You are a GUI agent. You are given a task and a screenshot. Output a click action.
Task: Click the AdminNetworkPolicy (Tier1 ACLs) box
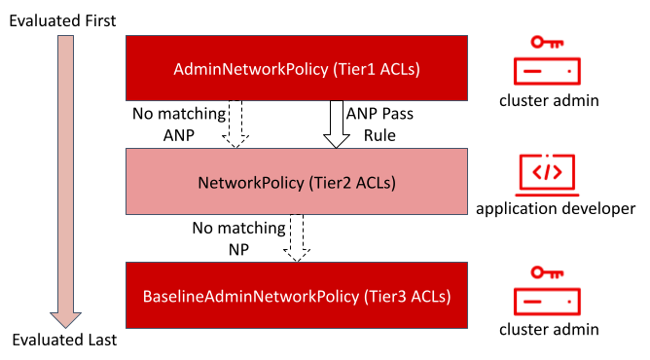[x=297, y=68]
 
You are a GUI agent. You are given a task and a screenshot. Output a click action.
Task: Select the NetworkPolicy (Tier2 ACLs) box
[x=297, y=181]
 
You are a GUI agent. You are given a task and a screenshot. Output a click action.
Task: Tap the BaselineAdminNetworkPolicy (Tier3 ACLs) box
[x=297, y=296]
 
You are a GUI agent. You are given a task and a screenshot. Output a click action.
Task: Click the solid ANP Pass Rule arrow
[x=337, y=124]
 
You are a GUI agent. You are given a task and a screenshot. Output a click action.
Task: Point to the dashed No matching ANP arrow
[x=235, y=124]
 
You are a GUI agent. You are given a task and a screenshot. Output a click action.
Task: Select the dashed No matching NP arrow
[x=297, y=237]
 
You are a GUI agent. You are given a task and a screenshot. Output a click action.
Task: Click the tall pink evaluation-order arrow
[x=65, y=181]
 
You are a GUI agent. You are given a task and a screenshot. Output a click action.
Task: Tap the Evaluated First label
[x=62, y=20]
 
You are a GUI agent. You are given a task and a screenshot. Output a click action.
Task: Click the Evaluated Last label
[x=64, y=340]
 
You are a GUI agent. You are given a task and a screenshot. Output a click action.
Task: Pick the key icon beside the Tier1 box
[x=547, y=42]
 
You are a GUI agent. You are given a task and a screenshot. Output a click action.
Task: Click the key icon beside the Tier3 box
[x=547, y=272]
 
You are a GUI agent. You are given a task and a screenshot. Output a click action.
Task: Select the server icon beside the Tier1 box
[x=547, y=71]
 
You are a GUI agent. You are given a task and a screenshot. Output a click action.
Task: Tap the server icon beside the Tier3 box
[x=547, y=302]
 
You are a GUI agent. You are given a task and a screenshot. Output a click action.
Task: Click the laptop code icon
[x=547, y=175]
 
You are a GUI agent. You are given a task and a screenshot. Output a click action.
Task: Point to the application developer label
[x=556, y=208]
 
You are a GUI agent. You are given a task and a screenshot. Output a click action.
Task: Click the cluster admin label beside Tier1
[x=549, y=100]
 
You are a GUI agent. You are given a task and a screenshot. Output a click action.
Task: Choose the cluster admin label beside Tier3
[x=549, y=329]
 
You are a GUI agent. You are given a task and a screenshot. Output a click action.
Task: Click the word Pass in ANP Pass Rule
[x=398, y=114]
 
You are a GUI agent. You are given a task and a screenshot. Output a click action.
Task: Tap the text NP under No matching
[x=238, y=250]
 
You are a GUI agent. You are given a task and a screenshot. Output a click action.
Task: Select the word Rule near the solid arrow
[x=379, y=135]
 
